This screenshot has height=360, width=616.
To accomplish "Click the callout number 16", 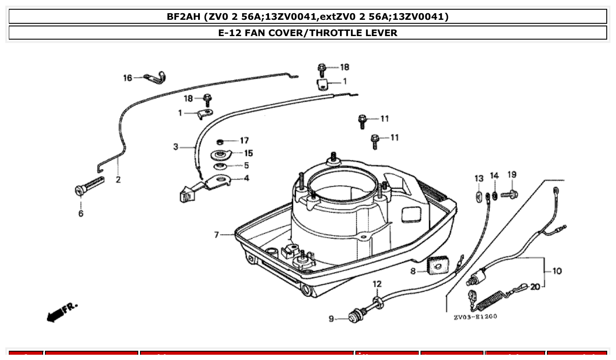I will point(127,78).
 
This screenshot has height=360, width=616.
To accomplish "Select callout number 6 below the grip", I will point(81,213).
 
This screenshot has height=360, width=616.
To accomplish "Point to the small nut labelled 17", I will point(220,142).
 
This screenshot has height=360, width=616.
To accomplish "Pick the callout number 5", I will point(246,165).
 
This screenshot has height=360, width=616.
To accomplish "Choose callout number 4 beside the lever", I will point(246,178).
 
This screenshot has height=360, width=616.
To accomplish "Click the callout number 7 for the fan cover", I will point(217,235).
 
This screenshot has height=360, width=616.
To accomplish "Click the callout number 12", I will point(377,284).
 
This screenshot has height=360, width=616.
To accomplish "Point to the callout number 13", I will point(479,178).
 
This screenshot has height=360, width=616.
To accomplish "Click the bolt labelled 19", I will point(509,194).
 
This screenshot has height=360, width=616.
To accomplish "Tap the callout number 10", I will point(557,271).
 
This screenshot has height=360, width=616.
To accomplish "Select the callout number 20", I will point(535,287).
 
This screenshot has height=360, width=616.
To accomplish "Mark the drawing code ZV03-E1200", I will point(475,316).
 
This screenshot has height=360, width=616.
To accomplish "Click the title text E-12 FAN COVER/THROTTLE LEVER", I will point(308,33).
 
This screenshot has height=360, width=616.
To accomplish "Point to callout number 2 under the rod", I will point(118,180).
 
